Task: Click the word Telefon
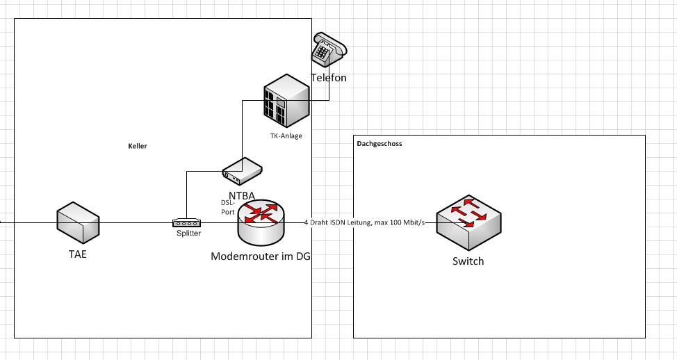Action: (x=328, y=78)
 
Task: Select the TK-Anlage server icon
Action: (x=286, y=101)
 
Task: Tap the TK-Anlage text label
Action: (x=286, y=136)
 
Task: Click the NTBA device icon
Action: (x=241, y=168)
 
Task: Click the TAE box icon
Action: (x=77, y=222)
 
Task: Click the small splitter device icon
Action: (x=186, y=222)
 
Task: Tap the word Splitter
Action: (x=188, y=234)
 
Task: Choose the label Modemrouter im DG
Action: (x=260, y=256)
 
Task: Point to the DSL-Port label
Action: (x=227, y=207)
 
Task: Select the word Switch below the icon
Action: (x=468, y=261)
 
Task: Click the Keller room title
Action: (x=138, y=146)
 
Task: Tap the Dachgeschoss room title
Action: (x=379, y=144)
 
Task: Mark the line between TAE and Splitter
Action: (x=136, y=222)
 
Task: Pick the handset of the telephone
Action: (x=331, y=41)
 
